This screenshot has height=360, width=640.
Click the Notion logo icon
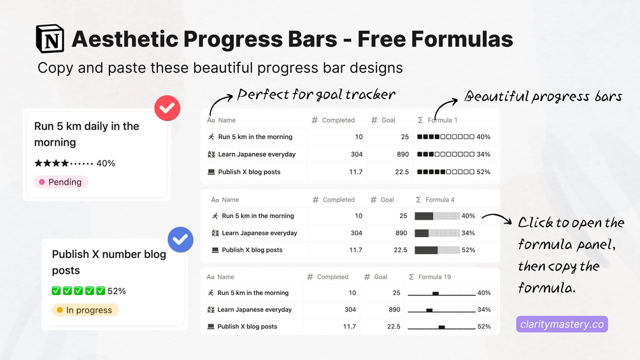(x=50, y=39)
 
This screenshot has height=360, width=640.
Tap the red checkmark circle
(x=167, y=108)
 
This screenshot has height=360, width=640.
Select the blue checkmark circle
(x=180, y=240)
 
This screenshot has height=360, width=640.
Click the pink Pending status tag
(x=61, y=182)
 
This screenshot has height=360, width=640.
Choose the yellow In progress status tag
(x=85, y=310)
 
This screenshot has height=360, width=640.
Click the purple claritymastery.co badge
(x=562, y=324)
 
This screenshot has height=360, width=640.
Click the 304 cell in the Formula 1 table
(x=357, y=154)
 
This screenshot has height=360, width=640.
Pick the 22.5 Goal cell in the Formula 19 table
(x=394, y=326)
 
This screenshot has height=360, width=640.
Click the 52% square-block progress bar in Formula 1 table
(x=446, y=172)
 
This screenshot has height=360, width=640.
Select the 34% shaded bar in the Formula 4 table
(x=437, y=233)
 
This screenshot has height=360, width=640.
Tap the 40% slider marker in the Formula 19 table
(x=436, y=294)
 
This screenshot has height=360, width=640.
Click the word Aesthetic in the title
(x=125, y=39)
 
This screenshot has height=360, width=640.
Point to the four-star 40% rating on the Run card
(x=75, y=163)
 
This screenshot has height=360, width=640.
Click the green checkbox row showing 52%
(x=89, y=291)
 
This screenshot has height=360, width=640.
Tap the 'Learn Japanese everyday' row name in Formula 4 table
(x=260, y=233)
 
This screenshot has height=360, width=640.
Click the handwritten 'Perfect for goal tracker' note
(x=316, y=95)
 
